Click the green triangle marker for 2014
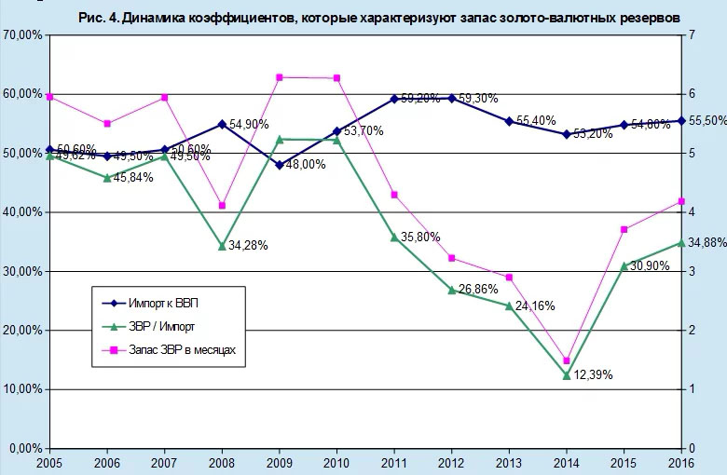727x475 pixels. [x=567, y=375]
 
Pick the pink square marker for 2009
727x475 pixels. [x=280, y=77]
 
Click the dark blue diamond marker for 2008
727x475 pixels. [x=222, y=124]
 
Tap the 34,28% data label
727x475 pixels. [x=249, y=246]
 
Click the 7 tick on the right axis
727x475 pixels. [x=692, y=35]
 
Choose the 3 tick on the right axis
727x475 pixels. [x=692, y=272]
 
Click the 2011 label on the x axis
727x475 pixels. [x=394, y=463]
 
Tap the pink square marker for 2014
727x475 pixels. [x=567, y=360]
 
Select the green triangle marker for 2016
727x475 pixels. [x=681, y=242]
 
